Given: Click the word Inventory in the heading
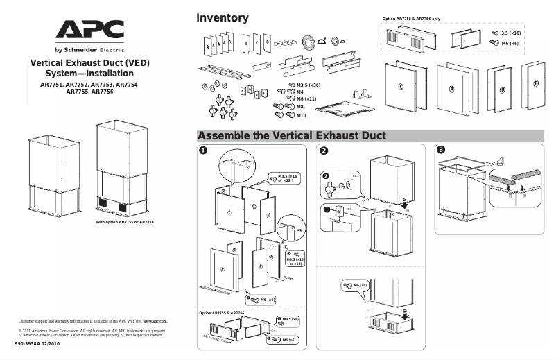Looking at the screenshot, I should tap(222, 18).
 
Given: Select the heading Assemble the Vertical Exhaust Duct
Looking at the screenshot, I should tap(291, 135).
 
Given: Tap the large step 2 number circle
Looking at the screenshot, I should tap(322, 150).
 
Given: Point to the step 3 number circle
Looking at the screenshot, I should tap(440, 150).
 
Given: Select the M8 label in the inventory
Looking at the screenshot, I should tap(300, 107).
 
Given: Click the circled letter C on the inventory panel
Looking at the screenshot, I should tap(401, 87).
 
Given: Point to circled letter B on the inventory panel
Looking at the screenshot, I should tap(535, 83).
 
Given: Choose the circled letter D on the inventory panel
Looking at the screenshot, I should tap(502, 90).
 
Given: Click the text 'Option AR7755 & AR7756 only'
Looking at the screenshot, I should tap(412, 19).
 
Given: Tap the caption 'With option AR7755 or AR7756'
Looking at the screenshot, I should tap(125, 222).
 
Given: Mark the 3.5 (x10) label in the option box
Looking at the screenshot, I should tap(511, 33).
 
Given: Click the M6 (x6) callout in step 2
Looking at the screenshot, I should tap(360, 285).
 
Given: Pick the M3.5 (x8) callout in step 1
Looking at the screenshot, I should tap(290, 319).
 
